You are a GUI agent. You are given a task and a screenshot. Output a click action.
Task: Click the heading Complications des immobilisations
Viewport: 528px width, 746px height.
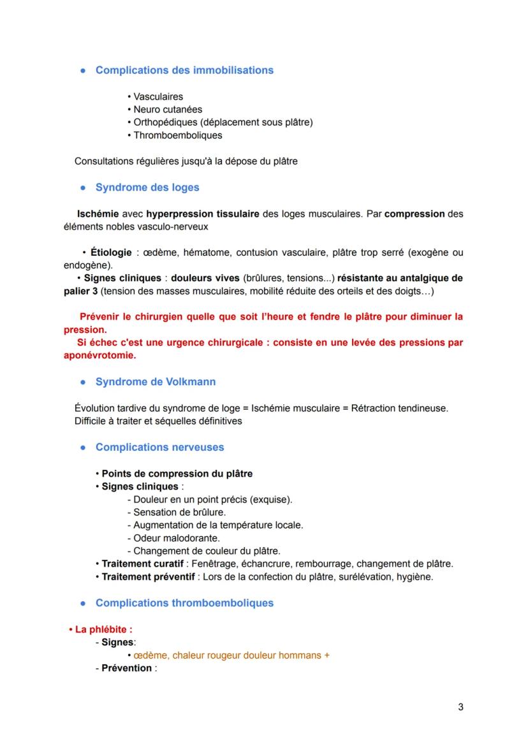(184, 70)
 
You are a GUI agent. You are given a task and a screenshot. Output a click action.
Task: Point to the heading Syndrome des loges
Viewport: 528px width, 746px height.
(147, 187)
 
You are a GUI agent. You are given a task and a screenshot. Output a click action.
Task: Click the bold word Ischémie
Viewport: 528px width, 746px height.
(98, 214)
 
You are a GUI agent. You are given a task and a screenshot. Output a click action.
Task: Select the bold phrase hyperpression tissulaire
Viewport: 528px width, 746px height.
(202, 214)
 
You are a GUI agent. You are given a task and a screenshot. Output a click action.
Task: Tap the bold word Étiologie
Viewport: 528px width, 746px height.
(111, 252)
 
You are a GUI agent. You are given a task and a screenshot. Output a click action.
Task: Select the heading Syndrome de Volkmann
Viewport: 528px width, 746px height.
(156, 382)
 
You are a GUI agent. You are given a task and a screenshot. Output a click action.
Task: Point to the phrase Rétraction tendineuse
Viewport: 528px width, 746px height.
(400, 408)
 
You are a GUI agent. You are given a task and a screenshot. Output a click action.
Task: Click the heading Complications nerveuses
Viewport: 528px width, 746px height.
(159, 448)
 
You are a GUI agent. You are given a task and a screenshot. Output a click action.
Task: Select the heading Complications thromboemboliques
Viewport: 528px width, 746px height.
(184, 603)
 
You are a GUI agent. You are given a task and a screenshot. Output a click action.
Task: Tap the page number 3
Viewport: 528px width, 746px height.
(460, 707)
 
